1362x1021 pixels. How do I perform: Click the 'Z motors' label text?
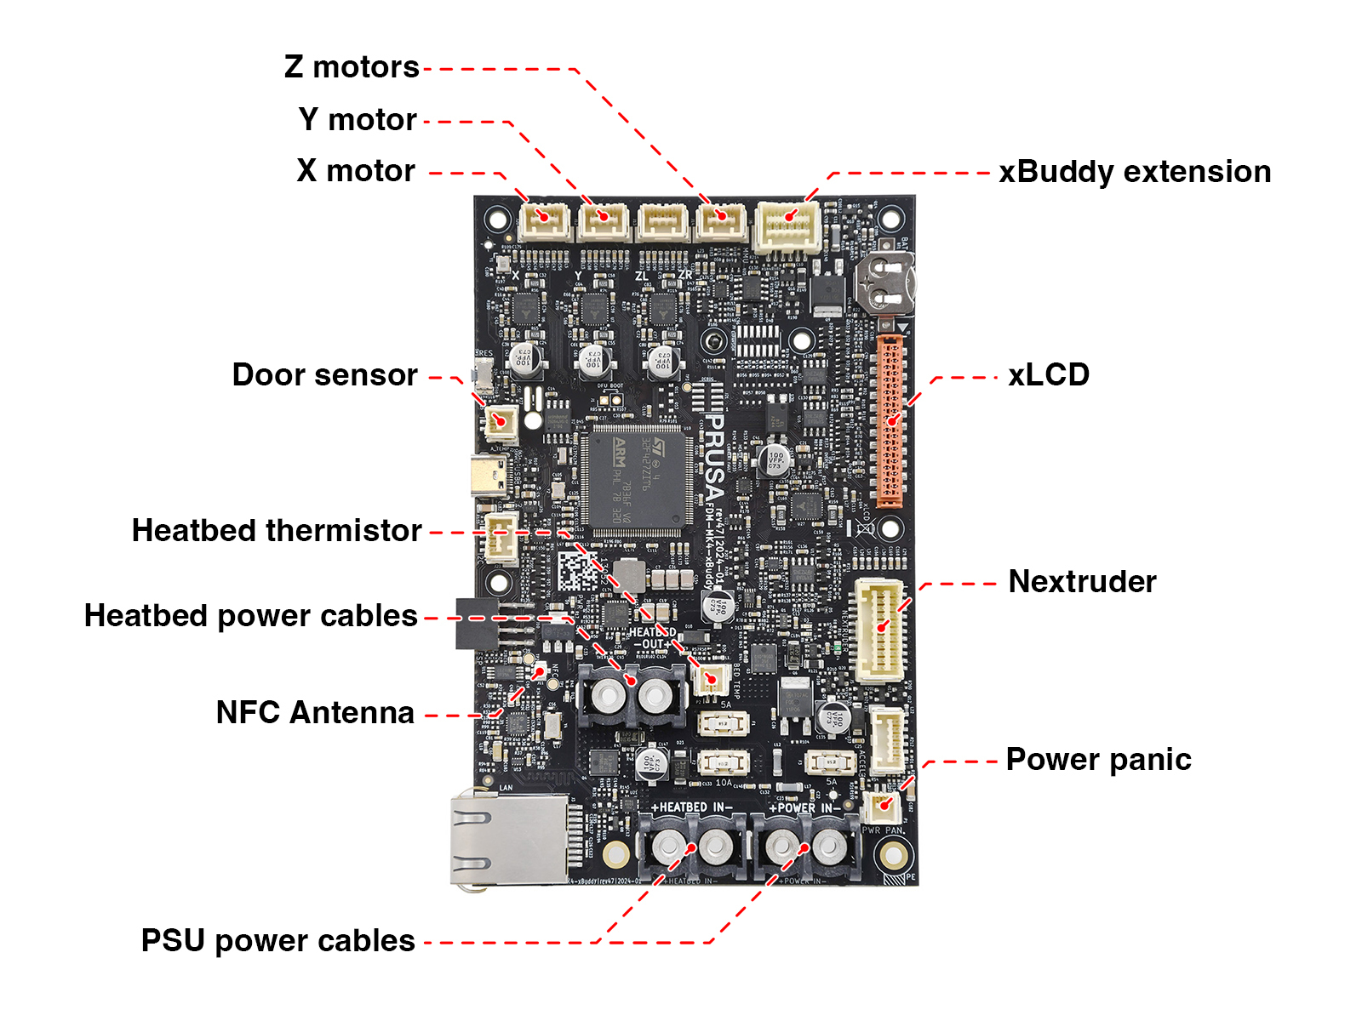(352, 67)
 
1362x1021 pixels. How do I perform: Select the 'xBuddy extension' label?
(1135, 172)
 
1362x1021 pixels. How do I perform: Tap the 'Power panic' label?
(1098, 760)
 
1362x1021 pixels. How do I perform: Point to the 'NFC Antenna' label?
(315, 713)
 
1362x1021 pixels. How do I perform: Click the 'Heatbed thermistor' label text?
(277, 531)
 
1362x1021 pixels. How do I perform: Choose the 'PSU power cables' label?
(278, 941)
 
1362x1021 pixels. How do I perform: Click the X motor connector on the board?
(545, 221)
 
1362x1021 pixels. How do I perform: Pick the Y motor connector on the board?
(604, 221)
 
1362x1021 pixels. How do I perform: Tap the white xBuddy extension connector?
(788, 225)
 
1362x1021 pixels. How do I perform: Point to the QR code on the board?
(578, 572)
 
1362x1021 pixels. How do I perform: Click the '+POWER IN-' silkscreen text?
(804, 807)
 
